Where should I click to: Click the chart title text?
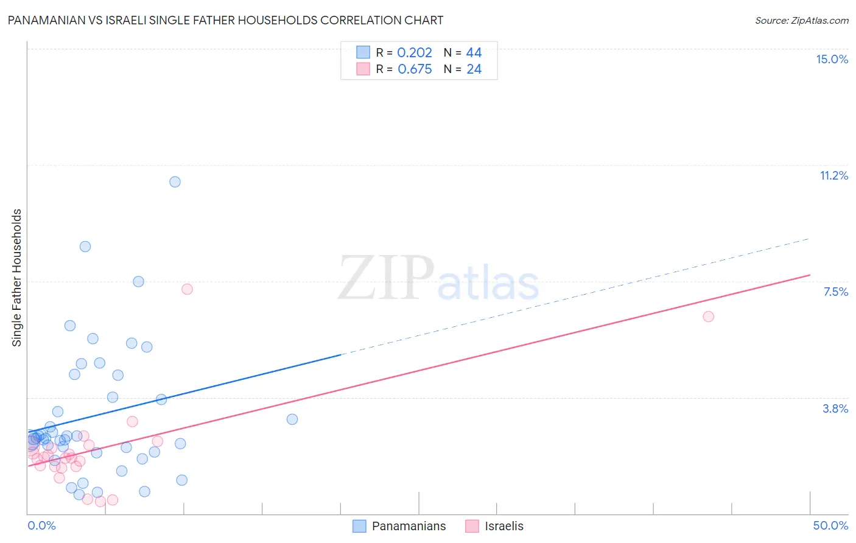tap(225, 20)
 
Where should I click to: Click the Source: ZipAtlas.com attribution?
tap(801, 20)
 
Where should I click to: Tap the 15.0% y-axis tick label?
tap(832, 59)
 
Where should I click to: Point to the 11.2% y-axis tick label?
tap(833, 175)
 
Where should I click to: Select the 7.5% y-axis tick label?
tap(835, 292)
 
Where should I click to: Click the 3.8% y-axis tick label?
tap(835, 408)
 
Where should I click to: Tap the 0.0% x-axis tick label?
tap(41, 525)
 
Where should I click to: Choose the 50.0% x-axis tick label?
tap(830, 525)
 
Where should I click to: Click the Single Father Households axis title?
tap(17, 278)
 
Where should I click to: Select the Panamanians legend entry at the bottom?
tap(399, 526)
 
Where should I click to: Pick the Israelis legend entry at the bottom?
tap(494, 526)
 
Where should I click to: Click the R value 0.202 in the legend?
tap(415, 53)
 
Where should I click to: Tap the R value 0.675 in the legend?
tap(415, 69)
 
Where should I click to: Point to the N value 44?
tap(474, 53)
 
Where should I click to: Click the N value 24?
tap(474, 69)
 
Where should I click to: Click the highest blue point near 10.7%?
tap(175, 181)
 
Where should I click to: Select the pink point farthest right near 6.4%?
tap(708, 317)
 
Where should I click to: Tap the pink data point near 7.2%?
tap(187, 289)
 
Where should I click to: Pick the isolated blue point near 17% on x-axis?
tap(292, 419)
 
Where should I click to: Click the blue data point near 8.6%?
tap(85, 247)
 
